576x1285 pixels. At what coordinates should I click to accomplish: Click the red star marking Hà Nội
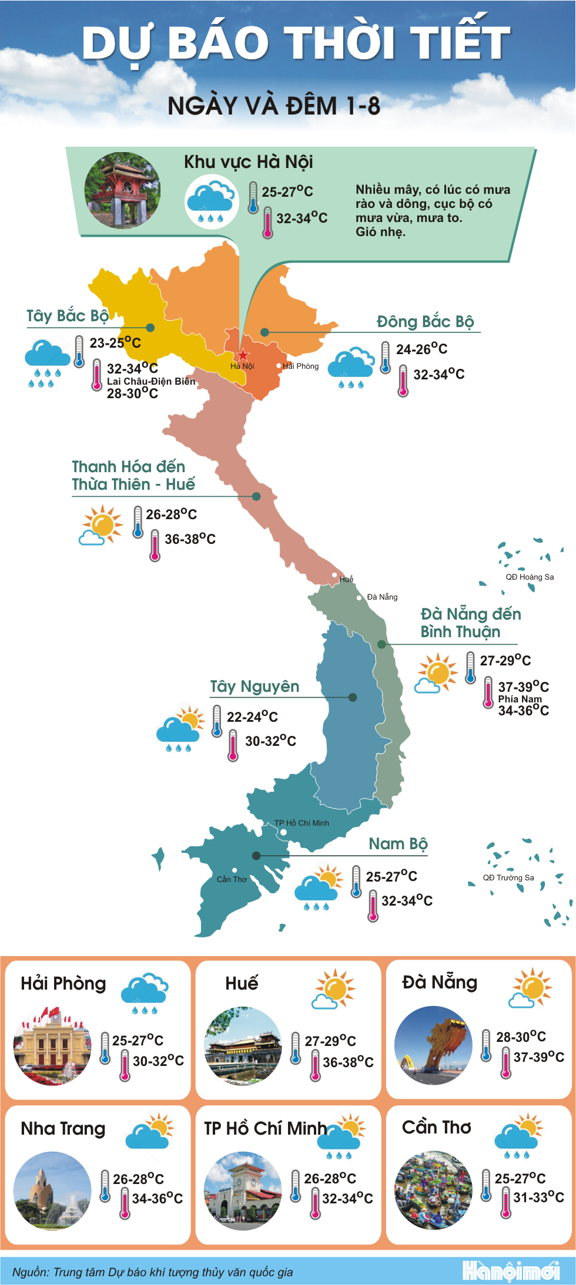pyautogui.click(x=243, y=355)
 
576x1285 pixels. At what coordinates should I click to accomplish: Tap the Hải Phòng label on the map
pyautogui.click(x=300, y=366)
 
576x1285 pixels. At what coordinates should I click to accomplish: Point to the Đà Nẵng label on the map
pyautogui.click(x=382, y=597)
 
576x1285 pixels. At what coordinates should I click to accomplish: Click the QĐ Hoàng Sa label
pyautogui.click(x=530, y=577)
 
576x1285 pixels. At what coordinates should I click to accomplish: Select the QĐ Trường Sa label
pyautogui.click(x=508, y=877)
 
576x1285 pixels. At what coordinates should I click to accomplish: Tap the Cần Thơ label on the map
pyautogui.click(x=232, y=879)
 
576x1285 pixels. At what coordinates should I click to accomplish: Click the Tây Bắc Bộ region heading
pyautogui.click(x=68, y=316)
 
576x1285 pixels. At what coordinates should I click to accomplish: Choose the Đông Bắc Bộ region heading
pyautogui.click(x=425, y=322)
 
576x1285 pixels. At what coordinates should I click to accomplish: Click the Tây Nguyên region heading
pyautogui.click(x=254, y=687)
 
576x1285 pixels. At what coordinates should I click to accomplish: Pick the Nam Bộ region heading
pyautogui.click(x=398, y=844)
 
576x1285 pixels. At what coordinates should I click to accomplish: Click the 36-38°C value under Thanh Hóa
pyautogui.click(x=190, y=539)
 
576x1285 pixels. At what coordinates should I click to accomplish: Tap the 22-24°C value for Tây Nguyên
pyautogui.click(x=252, y=717)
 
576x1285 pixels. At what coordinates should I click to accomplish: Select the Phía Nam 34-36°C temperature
pyautogui.click(x=523, y=711)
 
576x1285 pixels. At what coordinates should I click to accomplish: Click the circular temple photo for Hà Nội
pyautogui.click(x=122, y=190)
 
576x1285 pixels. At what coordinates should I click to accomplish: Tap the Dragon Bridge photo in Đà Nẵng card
pyautogui.click(x=434, y=1045)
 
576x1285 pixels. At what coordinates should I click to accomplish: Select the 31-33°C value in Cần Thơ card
pyautogui.click(x=538, y=1197)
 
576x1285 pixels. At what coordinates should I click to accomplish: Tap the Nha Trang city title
pyautogui.click(x=63, y=1129)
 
